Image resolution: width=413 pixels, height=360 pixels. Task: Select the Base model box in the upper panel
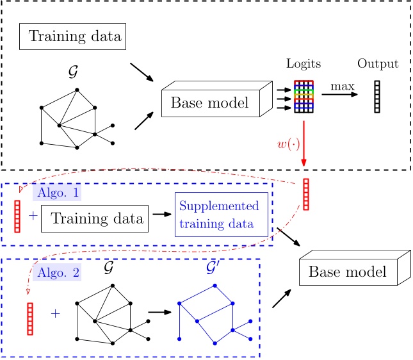click(212, 103)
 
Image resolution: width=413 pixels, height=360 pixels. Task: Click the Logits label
click(305, 65)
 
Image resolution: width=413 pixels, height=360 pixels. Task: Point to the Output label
click(378, 64)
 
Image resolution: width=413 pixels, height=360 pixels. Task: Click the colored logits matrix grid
click(304, 97)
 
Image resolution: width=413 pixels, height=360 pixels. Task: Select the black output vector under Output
click(377, 97)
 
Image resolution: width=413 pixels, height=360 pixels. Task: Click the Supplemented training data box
click(220, 217)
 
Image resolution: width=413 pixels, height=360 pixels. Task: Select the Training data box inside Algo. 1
click(95, 219)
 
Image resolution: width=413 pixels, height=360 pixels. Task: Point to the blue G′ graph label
click(215, 269)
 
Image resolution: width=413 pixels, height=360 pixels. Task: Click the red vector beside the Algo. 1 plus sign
click(17, 216)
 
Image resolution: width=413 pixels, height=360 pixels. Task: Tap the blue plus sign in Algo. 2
click(55, 314)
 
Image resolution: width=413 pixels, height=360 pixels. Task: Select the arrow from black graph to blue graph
click(159, 313)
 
